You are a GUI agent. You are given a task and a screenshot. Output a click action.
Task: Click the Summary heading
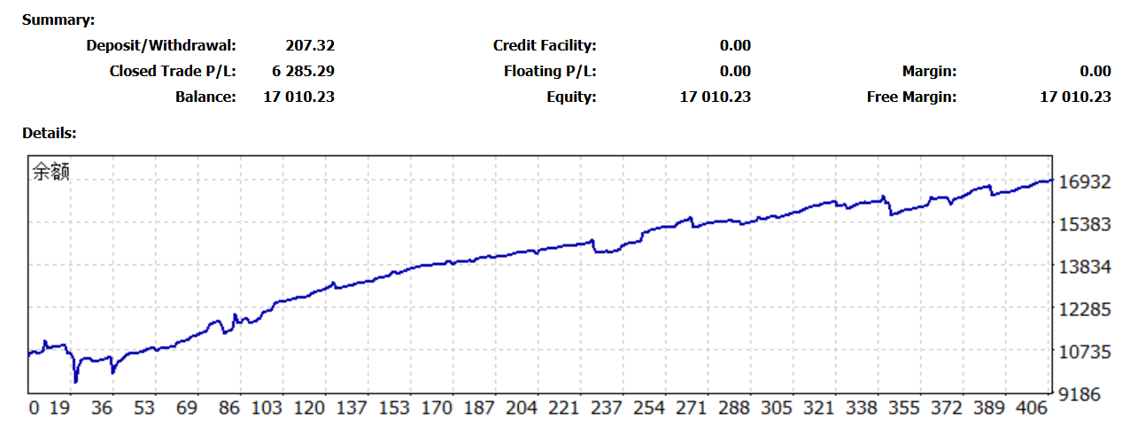tap(58, 19)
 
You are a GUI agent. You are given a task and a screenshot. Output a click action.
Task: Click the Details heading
tap(50, 134)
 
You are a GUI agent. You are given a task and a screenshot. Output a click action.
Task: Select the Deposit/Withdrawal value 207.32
tap(310, 45)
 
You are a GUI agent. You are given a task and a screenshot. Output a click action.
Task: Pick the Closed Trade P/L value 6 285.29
tap(303, 71)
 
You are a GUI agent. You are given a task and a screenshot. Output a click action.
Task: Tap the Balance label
tap(205, 97)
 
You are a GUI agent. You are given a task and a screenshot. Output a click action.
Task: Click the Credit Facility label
tap(545, 45)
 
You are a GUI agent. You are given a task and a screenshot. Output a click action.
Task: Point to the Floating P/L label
tap(550, 71)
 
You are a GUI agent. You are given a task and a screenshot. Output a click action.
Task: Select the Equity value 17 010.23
tap(715, 97)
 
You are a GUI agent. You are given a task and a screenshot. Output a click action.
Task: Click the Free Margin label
tap(911, 97)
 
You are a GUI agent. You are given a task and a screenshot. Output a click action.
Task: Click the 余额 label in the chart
tap(50, 172)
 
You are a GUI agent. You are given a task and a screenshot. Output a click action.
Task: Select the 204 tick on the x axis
tap(521, 408)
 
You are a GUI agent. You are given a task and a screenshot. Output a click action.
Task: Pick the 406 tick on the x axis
tap(1031, 408)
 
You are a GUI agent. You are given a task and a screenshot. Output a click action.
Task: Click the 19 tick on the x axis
tap(60, 408)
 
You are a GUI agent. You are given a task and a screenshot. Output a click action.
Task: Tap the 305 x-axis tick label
tap(777, 408)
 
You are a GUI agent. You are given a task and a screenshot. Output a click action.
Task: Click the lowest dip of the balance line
tap(76, 381)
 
